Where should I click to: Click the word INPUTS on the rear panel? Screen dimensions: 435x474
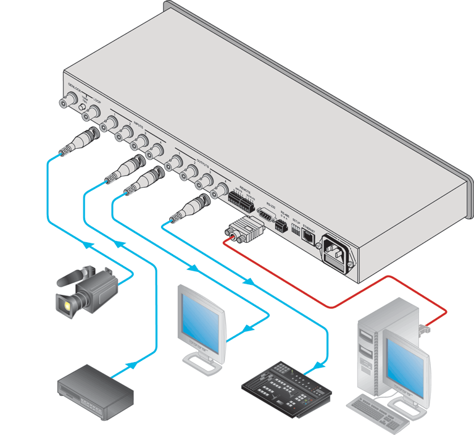[138, 124]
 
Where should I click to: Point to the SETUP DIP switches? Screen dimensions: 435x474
[295, 234]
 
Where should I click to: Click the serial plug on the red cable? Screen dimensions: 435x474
[246, 230]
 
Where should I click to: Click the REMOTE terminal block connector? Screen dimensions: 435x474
[240, 201]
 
